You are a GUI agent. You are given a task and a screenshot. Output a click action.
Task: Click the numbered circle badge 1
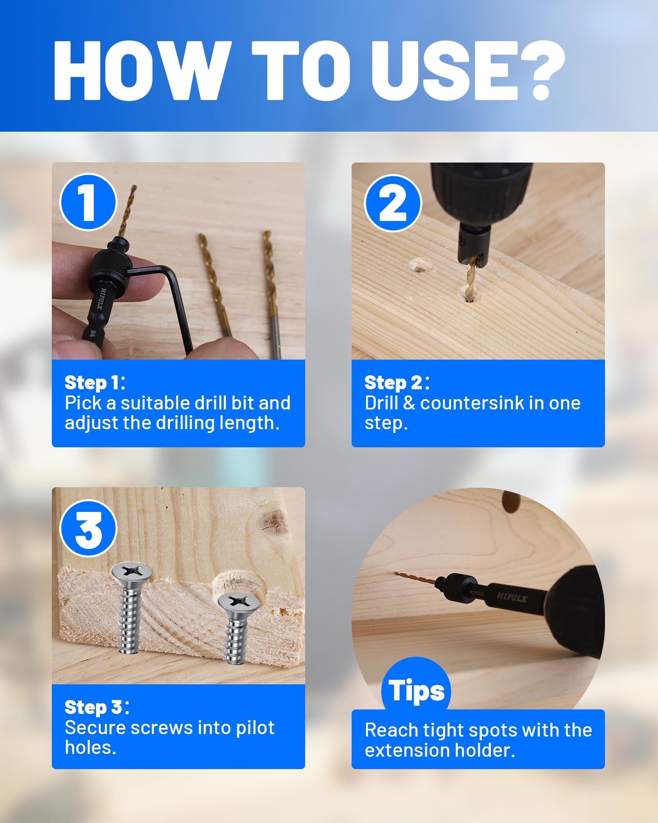[88, 202]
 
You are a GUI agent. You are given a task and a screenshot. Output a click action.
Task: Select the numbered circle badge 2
[393, 203]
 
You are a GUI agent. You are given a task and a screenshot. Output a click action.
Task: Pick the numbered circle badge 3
[88, 528]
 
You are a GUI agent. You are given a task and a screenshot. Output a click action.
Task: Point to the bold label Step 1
[95, 383]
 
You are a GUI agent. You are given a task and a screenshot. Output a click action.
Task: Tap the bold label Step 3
[97, 707]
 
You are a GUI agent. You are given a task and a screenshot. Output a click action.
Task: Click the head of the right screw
[237, 603]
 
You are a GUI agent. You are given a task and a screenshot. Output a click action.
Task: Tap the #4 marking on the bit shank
[93, 332]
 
